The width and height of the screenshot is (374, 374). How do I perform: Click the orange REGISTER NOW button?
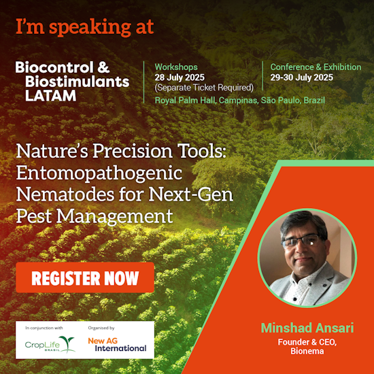[x=85, y=277]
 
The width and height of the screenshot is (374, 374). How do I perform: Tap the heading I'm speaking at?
[x=85, y=27]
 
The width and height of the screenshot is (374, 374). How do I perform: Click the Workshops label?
[x=176, y=67]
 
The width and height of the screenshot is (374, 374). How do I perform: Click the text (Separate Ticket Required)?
[x=204, y=87]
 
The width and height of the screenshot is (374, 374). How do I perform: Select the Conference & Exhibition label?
[x=316, y=67]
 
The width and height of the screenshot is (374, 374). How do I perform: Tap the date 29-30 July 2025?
[x=301, y=78]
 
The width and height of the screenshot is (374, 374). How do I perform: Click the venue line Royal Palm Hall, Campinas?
[x=239, y=101]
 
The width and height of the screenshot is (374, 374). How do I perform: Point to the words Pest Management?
[x=94, y=217]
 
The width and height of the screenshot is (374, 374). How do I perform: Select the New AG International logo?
[x=116, y=344]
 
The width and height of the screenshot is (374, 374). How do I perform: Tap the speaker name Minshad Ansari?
[x=307, y=328]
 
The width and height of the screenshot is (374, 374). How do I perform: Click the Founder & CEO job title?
[x=308, y=342]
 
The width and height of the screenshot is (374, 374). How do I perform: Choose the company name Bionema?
[x=308, y=352]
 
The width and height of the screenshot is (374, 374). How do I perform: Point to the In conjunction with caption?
[x=46, y=328]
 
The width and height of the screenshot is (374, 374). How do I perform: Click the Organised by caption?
[x=101, y=328]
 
